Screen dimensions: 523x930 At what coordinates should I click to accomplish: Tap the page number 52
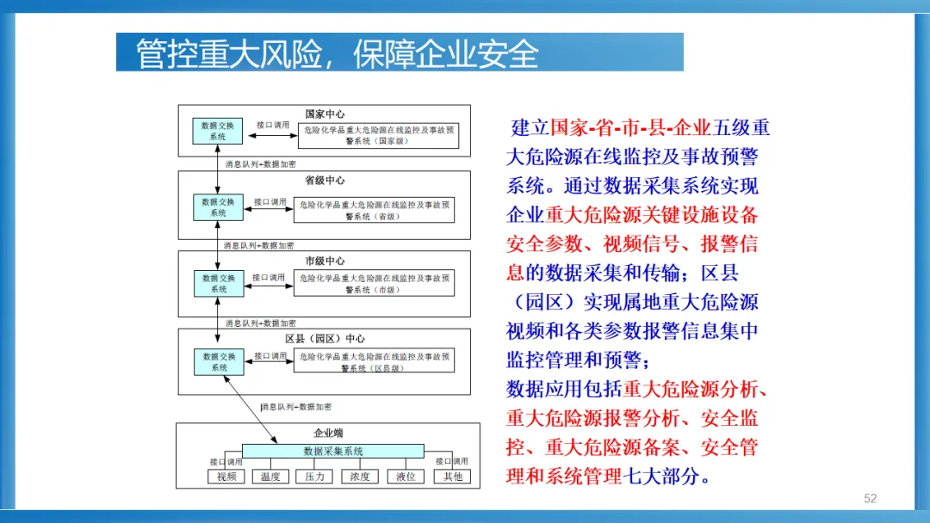click(870, 499)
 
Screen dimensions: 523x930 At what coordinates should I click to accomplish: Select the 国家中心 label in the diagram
click(325, 114)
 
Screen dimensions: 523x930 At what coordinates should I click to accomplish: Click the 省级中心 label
click(325, 181)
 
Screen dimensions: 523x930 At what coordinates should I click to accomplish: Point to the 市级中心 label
click(325, 261)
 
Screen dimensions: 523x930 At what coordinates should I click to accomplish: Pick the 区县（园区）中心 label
click(325, 338)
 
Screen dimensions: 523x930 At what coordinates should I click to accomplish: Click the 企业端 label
click(327, 434)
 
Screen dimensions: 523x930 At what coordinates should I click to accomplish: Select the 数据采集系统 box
click(333, 451)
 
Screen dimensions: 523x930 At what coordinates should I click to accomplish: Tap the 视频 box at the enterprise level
click(226, 477)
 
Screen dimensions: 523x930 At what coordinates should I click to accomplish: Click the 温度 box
click(270, 477)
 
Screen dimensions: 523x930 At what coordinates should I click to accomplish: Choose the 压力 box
click(314, 477)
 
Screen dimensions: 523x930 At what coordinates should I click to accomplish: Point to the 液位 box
click(406, 477)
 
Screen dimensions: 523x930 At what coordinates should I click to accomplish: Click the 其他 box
click(452, 477)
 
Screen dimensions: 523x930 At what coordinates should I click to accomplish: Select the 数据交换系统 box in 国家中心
click(218, 131)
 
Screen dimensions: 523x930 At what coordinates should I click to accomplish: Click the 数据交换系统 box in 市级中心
click(218, 284)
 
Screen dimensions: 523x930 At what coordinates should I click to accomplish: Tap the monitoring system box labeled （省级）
click(374, 210)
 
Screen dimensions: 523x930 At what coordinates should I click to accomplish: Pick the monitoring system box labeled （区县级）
click(374, 361)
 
